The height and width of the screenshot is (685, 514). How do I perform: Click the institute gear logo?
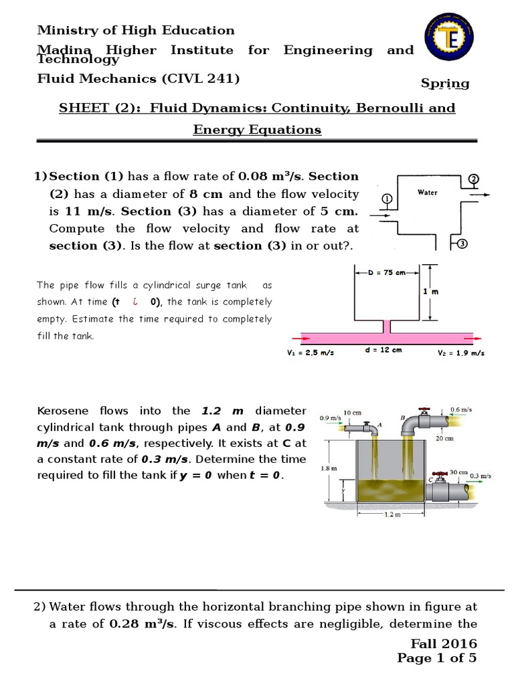pyautogui.click(x=446, y=39)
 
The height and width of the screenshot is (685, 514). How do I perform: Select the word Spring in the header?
pyautogui.click(x=444, y=84)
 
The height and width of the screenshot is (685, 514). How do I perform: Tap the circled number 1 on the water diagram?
pyautogui.click(x=386, y=199)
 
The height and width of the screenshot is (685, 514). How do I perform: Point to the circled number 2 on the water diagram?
pyautogui.click(x=473, y=179)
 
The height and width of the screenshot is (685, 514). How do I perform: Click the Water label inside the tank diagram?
pyautogui.click(x=427, y=193)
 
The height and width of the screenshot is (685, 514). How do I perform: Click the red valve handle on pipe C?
pyautogui.click(x=439, y=472)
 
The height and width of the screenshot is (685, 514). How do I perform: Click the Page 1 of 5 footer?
pyautogui.click(x=436, y=658)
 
